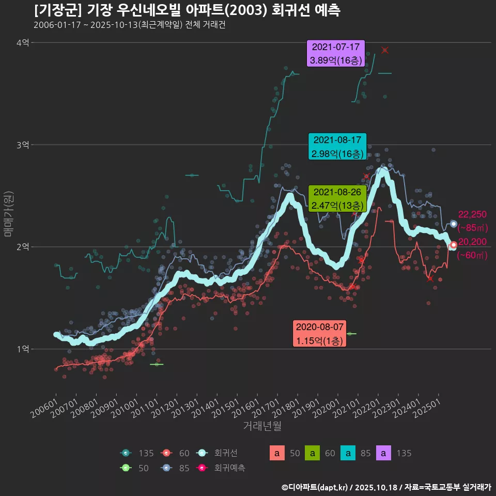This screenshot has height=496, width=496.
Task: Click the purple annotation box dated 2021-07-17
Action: pyautogui.click(x=336, y=54)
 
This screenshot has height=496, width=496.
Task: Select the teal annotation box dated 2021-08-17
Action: pyautogui.click(x=337, y=147)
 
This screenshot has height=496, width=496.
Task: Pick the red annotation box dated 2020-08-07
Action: pyautogui.click(x=319, y=334)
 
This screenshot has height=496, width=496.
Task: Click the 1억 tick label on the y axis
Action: pyautogui.click(x=23, y=349)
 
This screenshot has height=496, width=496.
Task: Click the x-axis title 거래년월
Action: pyautogui.click(x=262, y=426)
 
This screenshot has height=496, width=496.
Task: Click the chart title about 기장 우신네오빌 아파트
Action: pyautogui.click(x=187, y=10)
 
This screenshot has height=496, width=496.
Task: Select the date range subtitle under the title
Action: pyautogui.click(x=129, y=25)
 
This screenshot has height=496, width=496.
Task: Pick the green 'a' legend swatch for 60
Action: pyautogui.click(x=313, y=453)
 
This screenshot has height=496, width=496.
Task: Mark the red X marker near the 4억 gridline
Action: pyautogui.click(x=384, y=50)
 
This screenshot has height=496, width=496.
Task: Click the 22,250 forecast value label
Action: pyautogui.click(x=472, y=215)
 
